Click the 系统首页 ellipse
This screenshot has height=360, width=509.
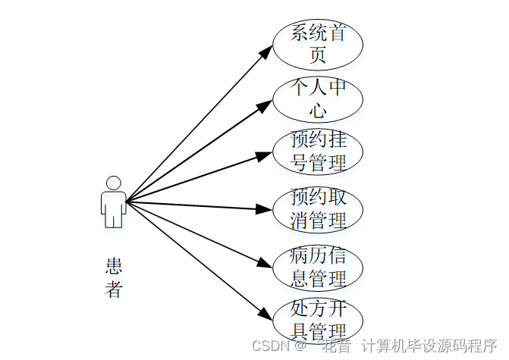tap(318, 44)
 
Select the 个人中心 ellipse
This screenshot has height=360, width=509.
tap(318, 99)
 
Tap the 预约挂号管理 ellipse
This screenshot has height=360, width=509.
tap(318, 152)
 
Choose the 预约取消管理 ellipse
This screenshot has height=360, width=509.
tap(318, 209)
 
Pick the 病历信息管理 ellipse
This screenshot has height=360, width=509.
tap(318, 267)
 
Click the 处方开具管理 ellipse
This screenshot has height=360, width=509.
tap(318, 321)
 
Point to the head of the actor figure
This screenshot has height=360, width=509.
tap(113, 183)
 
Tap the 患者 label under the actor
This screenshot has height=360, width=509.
tap(114, 277)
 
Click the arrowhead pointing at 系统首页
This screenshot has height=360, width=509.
tap(265, 50)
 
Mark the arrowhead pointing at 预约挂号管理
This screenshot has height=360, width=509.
tap(265, 155)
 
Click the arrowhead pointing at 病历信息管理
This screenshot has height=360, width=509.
tap(265, 265)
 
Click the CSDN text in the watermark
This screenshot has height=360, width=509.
tap(269, 346)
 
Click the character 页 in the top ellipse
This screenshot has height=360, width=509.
tap(318, 55)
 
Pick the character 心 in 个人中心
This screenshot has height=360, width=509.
tap(318, 111)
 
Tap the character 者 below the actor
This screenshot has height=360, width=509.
tap(114, 289)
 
